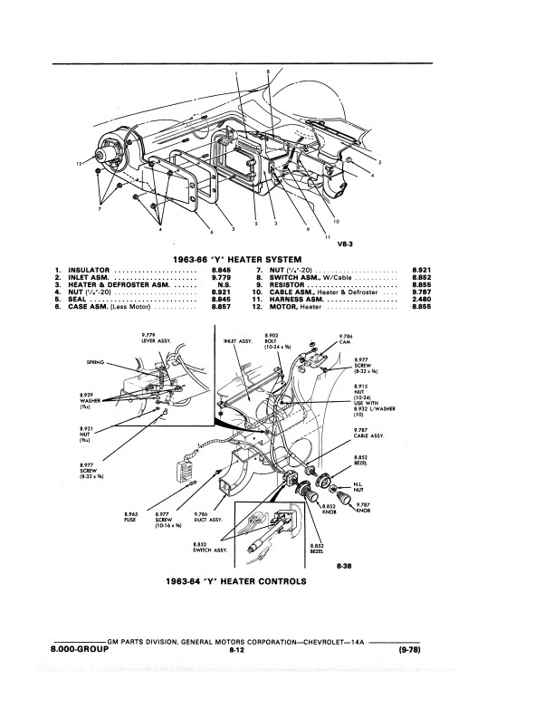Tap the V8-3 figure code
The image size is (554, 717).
click(x=345, y=244)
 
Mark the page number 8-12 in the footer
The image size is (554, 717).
click(x=238, y=650)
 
